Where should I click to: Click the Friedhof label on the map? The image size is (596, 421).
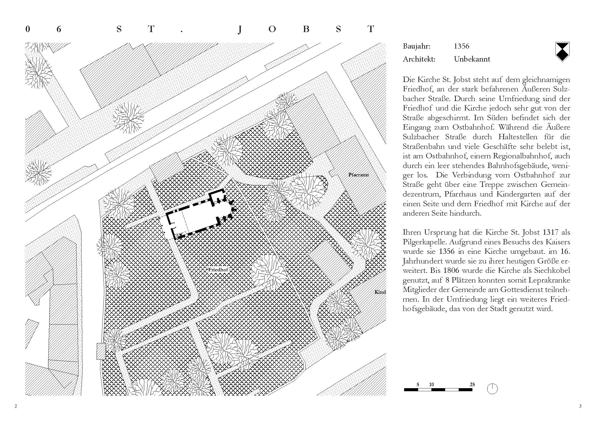[x=218, y=270]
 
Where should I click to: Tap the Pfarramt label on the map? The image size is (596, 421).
[x=359, y=175]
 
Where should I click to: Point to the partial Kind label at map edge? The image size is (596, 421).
[x=380, y=292]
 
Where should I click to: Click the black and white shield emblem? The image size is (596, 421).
[x=562, y=52]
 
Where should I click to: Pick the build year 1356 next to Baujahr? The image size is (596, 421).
[x=461, y=46]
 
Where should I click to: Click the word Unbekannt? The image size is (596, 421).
[x=472, y=59]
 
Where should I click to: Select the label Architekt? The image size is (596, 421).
[x=419, y=59]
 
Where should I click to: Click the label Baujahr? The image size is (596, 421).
[x=416, y=46]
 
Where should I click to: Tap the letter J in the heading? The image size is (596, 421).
[x=240, y=30]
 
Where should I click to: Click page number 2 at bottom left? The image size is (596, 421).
[x=16, y=406]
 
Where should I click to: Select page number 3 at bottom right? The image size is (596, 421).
[x=580, y=406]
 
